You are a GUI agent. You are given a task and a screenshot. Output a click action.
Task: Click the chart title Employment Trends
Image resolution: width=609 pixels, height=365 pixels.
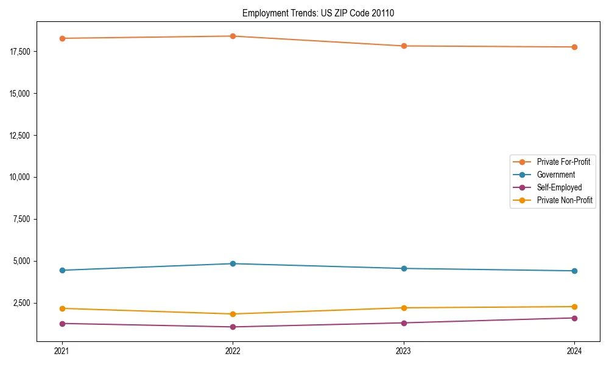[x=318, y=13]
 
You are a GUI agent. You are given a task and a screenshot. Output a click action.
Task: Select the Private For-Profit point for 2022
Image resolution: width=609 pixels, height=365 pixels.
[x=233, y=36]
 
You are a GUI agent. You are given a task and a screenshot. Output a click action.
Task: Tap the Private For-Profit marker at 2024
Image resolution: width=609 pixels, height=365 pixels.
[x=574, y=47]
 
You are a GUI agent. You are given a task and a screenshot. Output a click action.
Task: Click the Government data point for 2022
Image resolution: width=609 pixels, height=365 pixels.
[x=233, y=263]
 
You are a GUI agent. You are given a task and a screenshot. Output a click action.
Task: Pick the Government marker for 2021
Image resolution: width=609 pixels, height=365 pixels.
[x=62, y=270]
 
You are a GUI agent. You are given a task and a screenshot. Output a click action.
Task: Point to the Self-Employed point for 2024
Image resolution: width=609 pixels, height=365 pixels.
[x=574, y=318]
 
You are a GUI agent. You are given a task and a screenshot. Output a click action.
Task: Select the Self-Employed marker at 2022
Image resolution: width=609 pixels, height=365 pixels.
[x=233, y=327]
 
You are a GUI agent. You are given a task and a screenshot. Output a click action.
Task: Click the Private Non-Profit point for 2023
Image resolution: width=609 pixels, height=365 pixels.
[x=404, y=308]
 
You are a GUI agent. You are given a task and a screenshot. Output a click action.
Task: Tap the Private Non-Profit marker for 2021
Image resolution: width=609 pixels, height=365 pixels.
[x=62, y=308]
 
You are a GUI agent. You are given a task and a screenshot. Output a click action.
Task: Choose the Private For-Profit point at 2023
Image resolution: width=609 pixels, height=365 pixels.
[x=404, y=46]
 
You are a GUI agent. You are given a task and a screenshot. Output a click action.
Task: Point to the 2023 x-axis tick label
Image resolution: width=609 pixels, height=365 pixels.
[x=404, y=351]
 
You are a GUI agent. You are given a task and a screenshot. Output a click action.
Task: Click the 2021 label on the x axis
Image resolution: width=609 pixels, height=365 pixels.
[x=62, y=351]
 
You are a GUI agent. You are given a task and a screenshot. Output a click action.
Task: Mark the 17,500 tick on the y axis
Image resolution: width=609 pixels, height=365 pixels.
[x=21, y=52]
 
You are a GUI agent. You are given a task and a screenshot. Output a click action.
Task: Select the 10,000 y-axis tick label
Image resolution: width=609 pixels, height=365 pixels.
[x=21, y=177]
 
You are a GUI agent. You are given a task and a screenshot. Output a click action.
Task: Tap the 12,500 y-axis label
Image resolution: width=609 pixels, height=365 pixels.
[x=21, y=135]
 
